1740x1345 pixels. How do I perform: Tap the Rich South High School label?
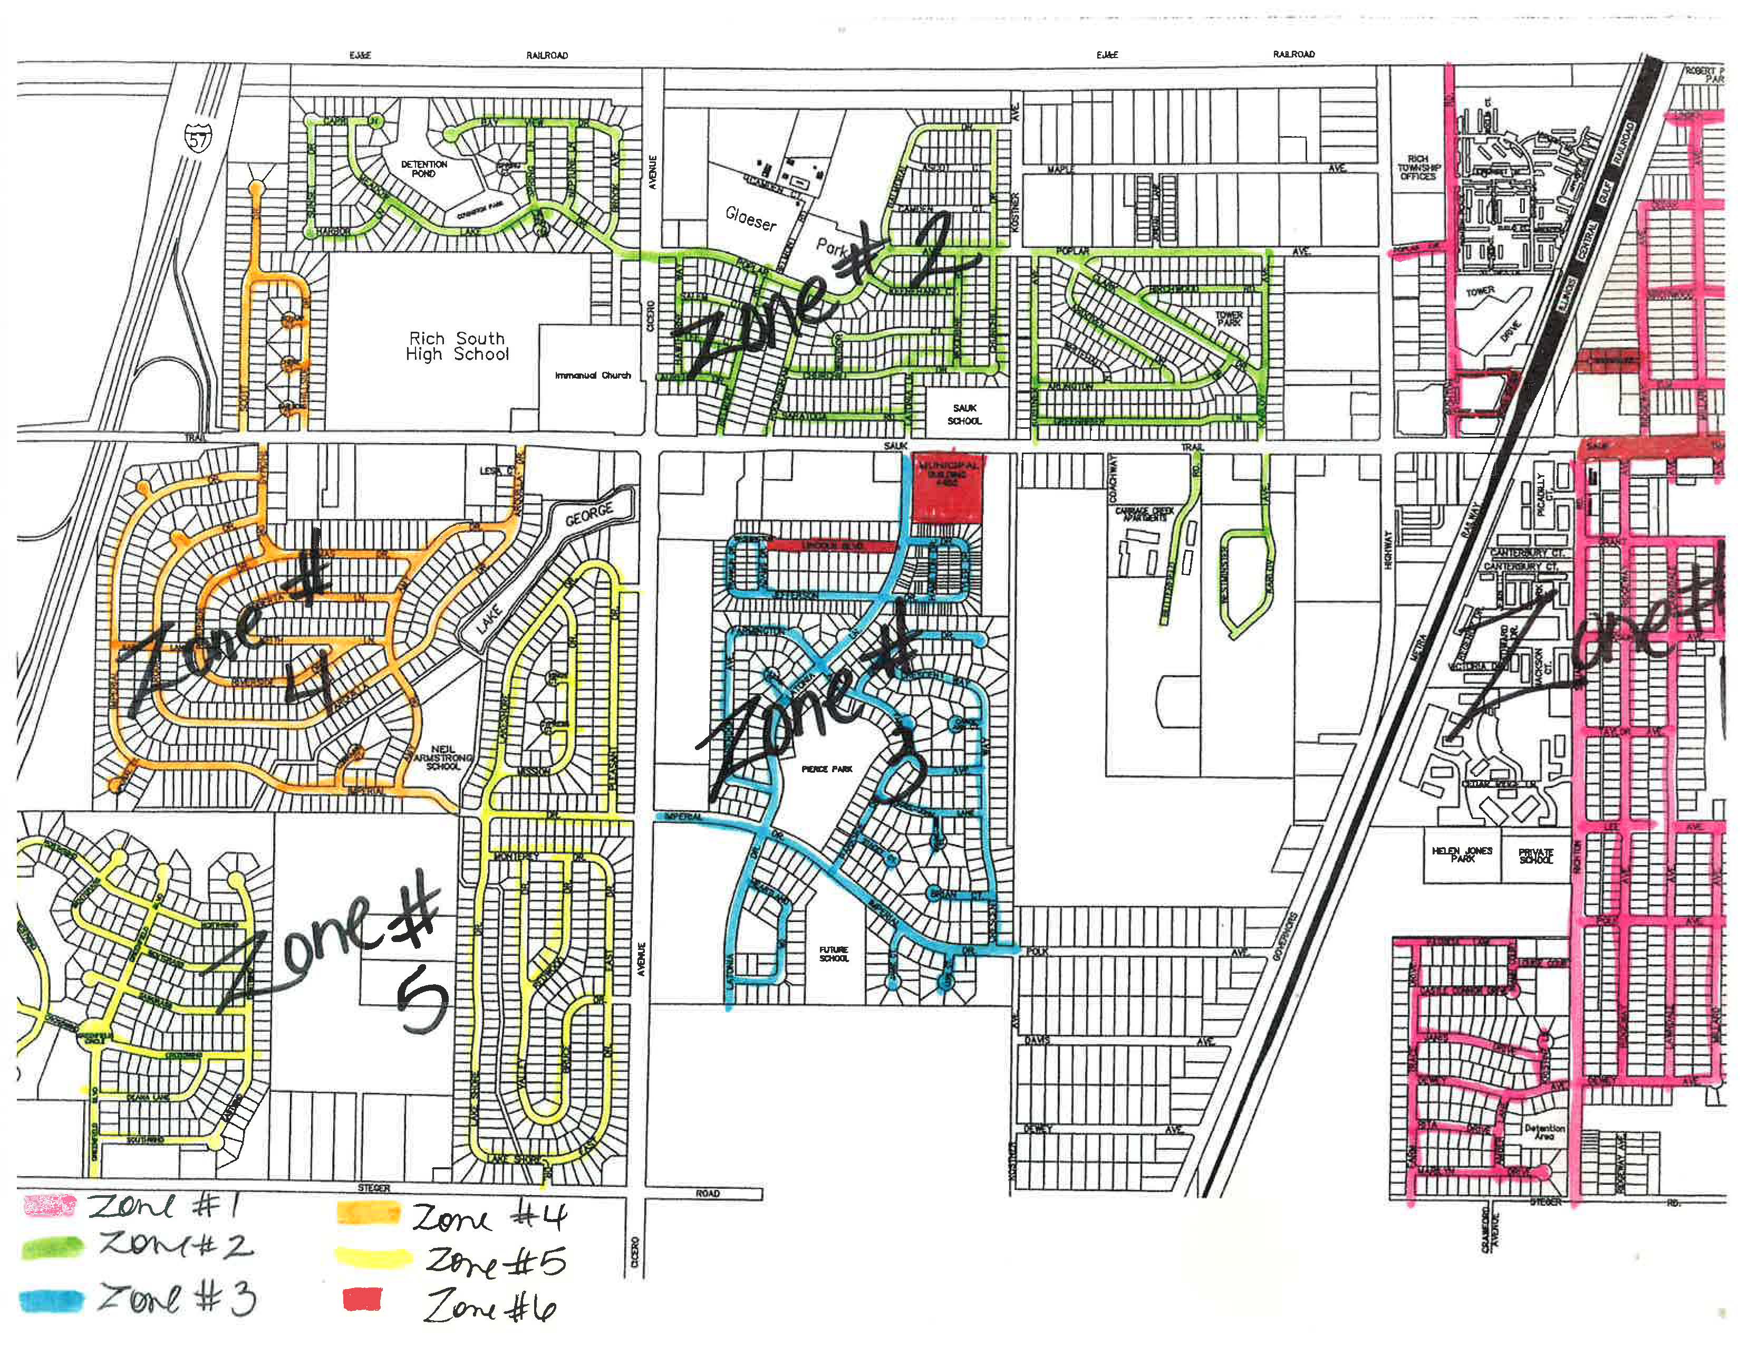457,347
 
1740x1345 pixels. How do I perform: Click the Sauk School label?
964,415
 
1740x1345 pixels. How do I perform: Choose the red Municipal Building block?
946,489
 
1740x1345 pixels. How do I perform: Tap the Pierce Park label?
827,769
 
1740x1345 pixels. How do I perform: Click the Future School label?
833,954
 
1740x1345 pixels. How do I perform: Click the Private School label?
1536,856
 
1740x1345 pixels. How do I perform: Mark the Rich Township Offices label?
1417,167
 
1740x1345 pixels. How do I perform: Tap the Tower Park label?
1229,319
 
